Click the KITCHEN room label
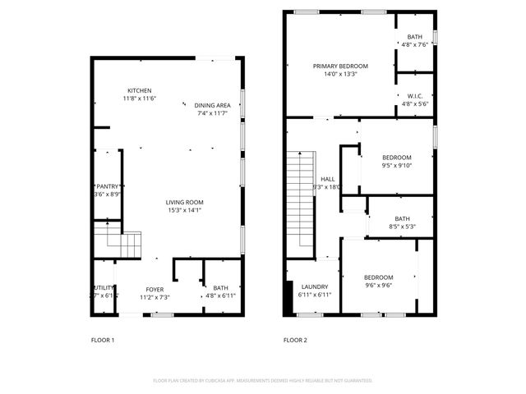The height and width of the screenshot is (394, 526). point(139,90)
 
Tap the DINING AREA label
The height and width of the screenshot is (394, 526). point(211,105)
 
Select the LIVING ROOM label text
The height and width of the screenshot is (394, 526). point(184,202)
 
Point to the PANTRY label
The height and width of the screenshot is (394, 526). point(108,186)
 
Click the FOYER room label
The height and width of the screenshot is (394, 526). point(155,290)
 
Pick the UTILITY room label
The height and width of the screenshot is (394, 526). point(104,287)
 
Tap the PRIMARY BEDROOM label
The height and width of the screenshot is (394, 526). point(340,66)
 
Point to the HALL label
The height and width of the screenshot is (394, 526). point(327,179)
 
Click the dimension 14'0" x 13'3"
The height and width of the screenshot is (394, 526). point(340,74)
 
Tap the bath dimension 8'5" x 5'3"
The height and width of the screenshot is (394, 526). point(403,227)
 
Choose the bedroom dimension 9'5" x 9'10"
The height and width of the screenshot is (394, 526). point(396,165)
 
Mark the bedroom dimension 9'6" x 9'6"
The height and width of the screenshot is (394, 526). point(379,286)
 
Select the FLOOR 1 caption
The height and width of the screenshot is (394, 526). point(103,339)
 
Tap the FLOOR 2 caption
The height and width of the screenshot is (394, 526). point(295,339)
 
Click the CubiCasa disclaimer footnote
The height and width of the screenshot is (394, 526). point(263,380)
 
